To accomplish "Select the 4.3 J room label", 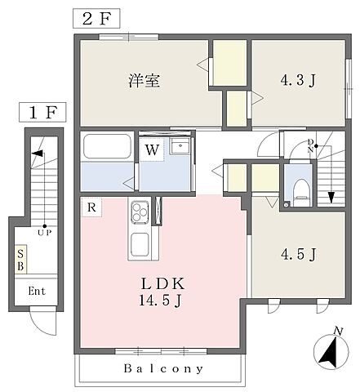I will [298, 81].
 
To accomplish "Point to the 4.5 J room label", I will [298, 255].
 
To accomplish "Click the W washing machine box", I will [152, 149].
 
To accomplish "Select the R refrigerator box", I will [92, 208].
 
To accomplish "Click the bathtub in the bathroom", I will [107, 148].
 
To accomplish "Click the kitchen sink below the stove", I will [138, 243].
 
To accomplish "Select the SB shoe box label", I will [21, 261].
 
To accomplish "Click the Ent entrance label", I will [38, 291].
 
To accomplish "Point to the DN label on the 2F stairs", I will [311, 147].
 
